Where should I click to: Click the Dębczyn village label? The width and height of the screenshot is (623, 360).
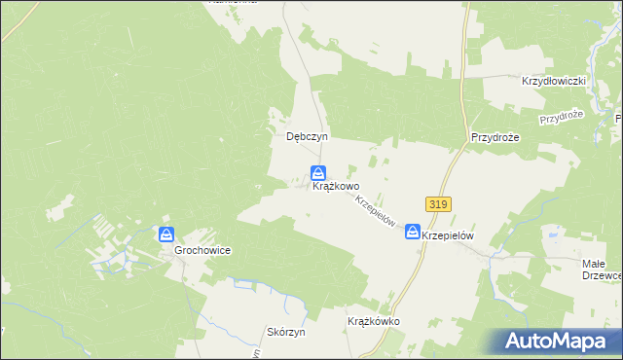304,137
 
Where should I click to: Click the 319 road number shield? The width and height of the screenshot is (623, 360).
437,204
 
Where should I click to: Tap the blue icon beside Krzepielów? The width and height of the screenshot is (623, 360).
414,232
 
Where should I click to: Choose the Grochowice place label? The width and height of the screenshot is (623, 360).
202,250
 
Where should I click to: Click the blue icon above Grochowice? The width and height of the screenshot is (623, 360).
166,234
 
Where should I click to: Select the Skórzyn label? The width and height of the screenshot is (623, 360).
286,332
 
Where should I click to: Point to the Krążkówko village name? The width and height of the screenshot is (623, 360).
374,321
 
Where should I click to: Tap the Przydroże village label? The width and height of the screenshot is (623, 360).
495,137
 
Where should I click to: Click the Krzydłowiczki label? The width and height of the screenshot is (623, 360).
553,82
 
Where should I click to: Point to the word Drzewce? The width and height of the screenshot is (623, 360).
605,275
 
